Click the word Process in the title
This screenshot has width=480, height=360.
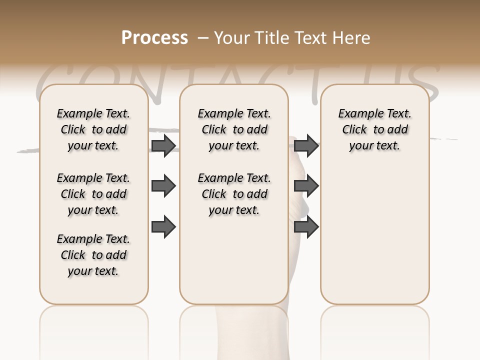[154, 38]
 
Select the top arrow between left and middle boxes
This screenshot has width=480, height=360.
[163, 145]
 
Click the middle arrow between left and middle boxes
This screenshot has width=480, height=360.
[163, 186]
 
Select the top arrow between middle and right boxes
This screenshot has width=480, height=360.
[306, 145]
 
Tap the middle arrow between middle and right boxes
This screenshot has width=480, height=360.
[306, 186]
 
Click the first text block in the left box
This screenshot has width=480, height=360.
[93, 129]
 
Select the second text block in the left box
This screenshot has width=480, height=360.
[93, 194]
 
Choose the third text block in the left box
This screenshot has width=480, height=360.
[93, 255]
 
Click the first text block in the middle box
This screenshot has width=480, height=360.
[234, 129]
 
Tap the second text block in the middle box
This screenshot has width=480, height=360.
[234, 194]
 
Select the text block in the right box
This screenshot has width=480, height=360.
[374, 129]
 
